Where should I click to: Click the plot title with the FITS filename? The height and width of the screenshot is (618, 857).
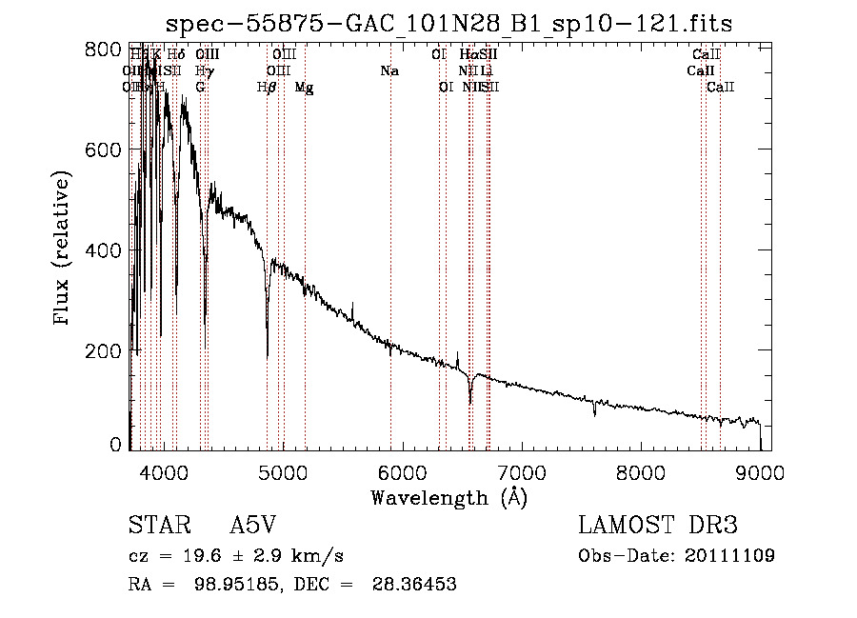tap(448, 24)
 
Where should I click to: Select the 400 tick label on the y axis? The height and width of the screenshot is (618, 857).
tap(110, 250)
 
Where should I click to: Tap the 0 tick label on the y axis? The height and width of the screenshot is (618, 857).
tap(115, 445)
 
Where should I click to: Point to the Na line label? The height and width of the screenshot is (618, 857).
tap(389, 70)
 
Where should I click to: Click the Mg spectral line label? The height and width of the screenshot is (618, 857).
tap(304, 88)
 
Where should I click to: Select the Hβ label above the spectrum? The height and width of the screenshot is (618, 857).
tap(267, 88)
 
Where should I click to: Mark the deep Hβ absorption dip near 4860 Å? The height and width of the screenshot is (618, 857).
tap(268, 352)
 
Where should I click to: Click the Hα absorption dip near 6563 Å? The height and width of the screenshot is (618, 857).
tap(470, 400)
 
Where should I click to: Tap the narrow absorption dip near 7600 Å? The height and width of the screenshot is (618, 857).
tap(595, 413)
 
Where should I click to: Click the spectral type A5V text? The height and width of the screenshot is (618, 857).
tap(251, 526)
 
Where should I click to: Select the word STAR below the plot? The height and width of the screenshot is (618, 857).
tap(157, 526)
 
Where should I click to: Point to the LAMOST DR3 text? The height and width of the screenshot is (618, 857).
tap(657, 526)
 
